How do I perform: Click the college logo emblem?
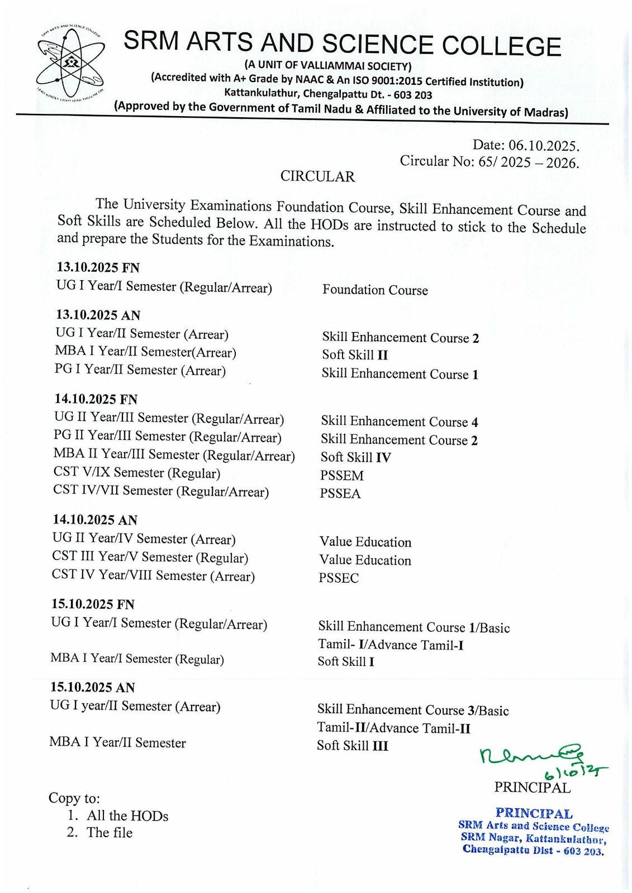click(70, 63)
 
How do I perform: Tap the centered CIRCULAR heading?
click(317, 176)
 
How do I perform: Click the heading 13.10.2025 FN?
click(98, 267)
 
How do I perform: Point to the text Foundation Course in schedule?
click(375, 290)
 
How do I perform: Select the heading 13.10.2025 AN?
click(98, 315)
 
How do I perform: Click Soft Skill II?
click(354, 355)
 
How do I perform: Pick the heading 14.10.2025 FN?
click(96, 399)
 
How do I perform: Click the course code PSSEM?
click(341, 476)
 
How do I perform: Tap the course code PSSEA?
click(340, 494)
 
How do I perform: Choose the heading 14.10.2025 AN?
click(95, 520)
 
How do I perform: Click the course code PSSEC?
click(339, 578)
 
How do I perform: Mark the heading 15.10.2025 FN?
click(93, 604)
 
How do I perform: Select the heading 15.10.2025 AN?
click(93, 688)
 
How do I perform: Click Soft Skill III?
click(352, 746)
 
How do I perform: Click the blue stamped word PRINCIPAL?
click(534, 813)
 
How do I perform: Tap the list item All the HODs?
click(127, 816)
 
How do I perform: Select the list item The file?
click(110, 833)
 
